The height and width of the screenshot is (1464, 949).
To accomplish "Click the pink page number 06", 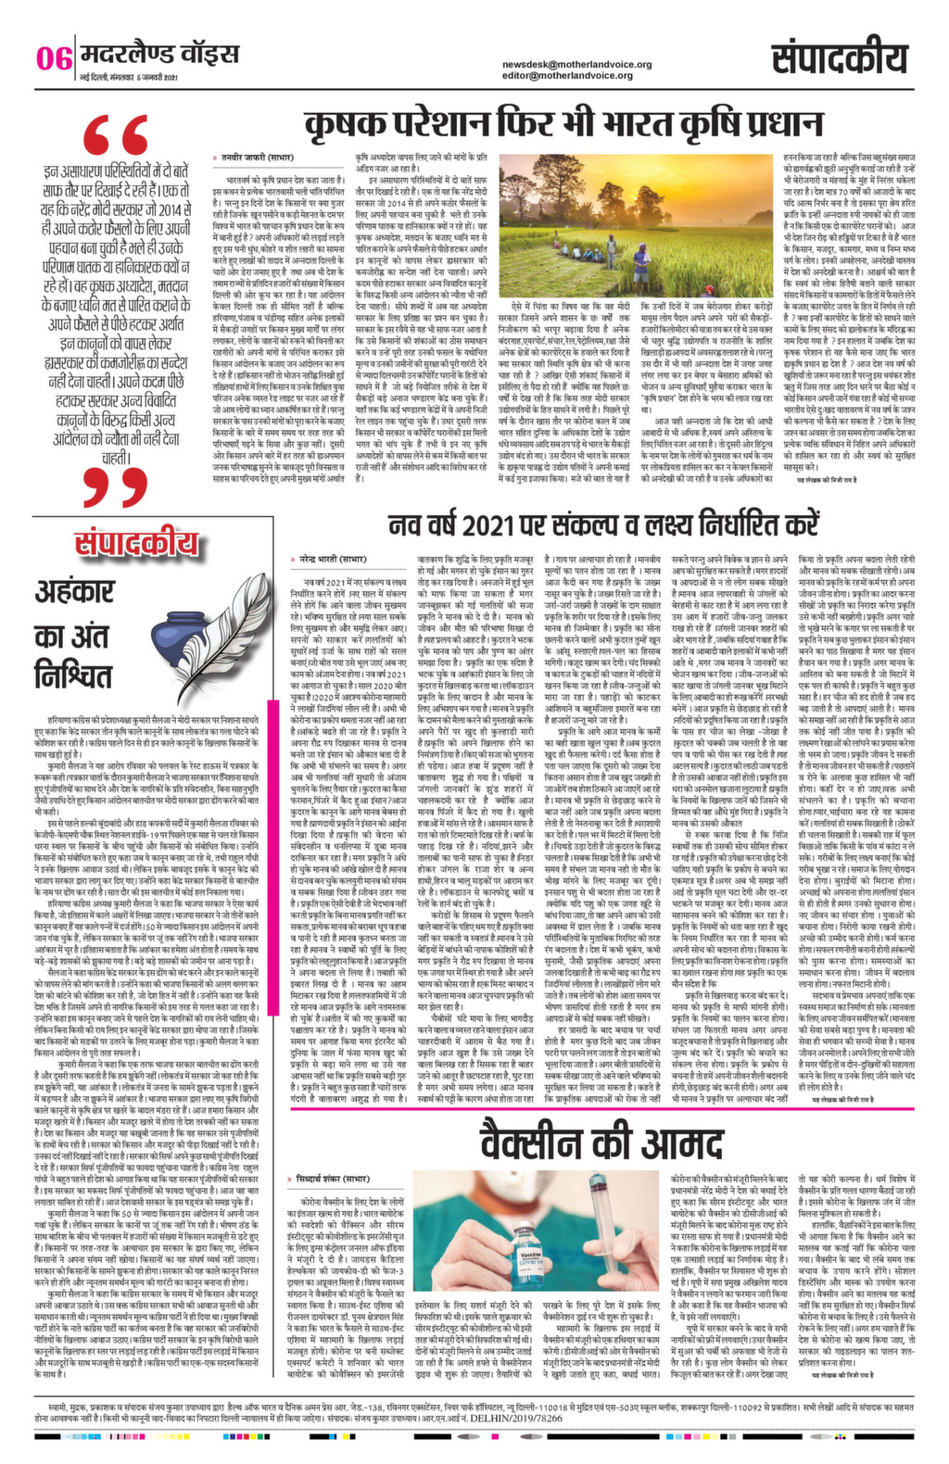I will [54, 57].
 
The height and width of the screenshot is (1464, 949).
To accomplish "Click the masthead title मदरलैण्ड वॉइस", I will [158, 54].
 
